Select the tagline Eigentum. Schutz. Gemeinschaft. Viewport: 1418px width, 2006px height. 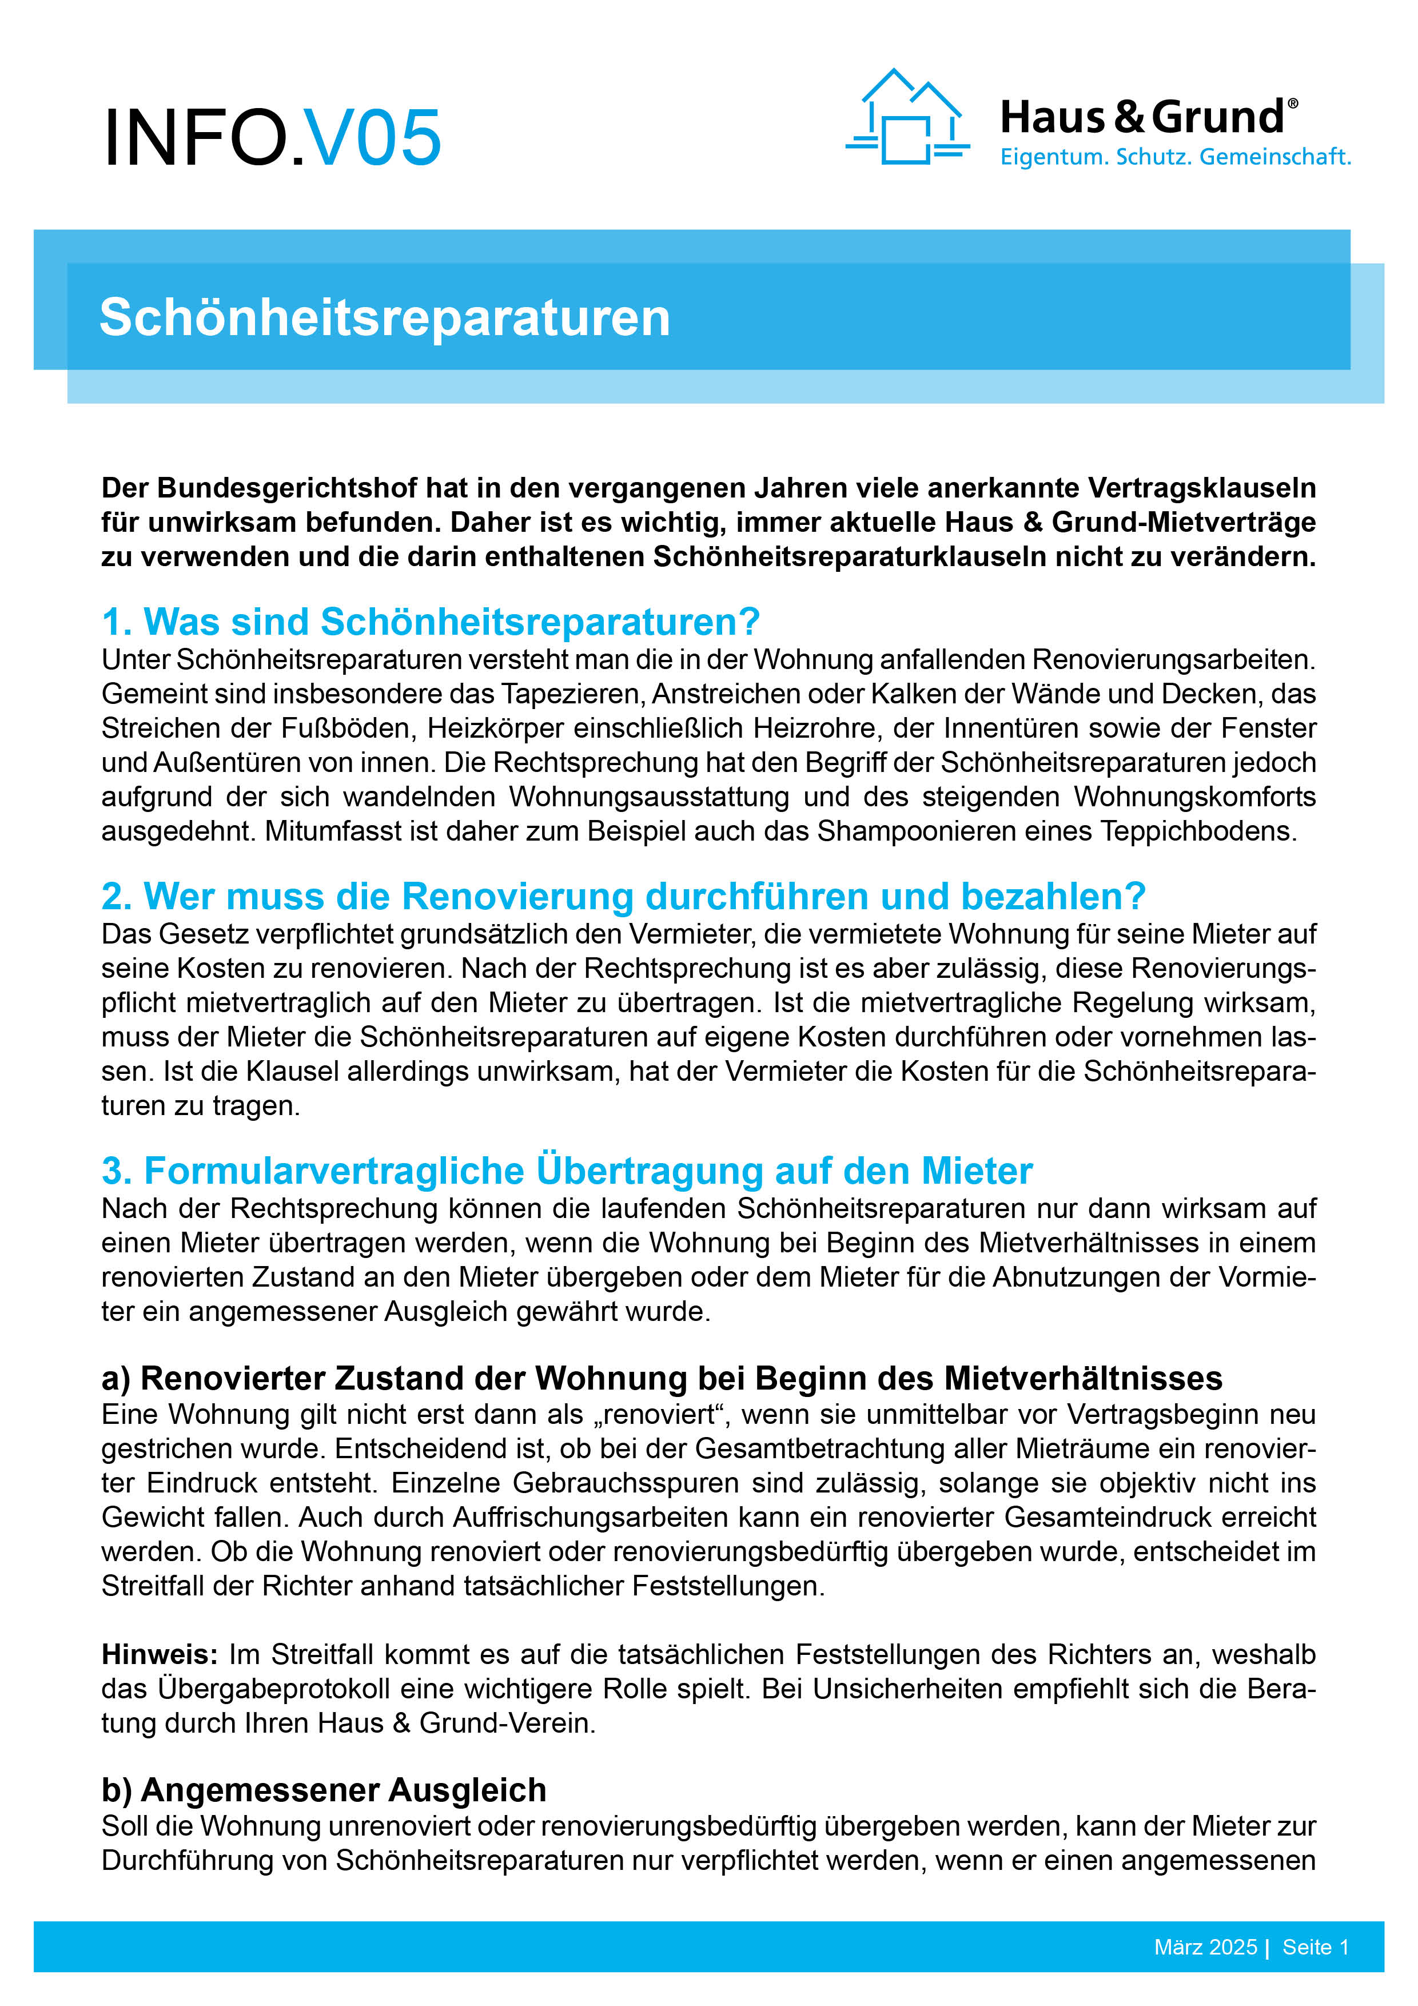coord(1174,157)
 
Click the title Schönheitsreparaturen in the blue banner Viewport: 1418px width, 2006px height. coord(384,317)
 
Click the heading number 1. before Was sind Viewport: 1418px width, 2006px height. coord(116,622)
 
